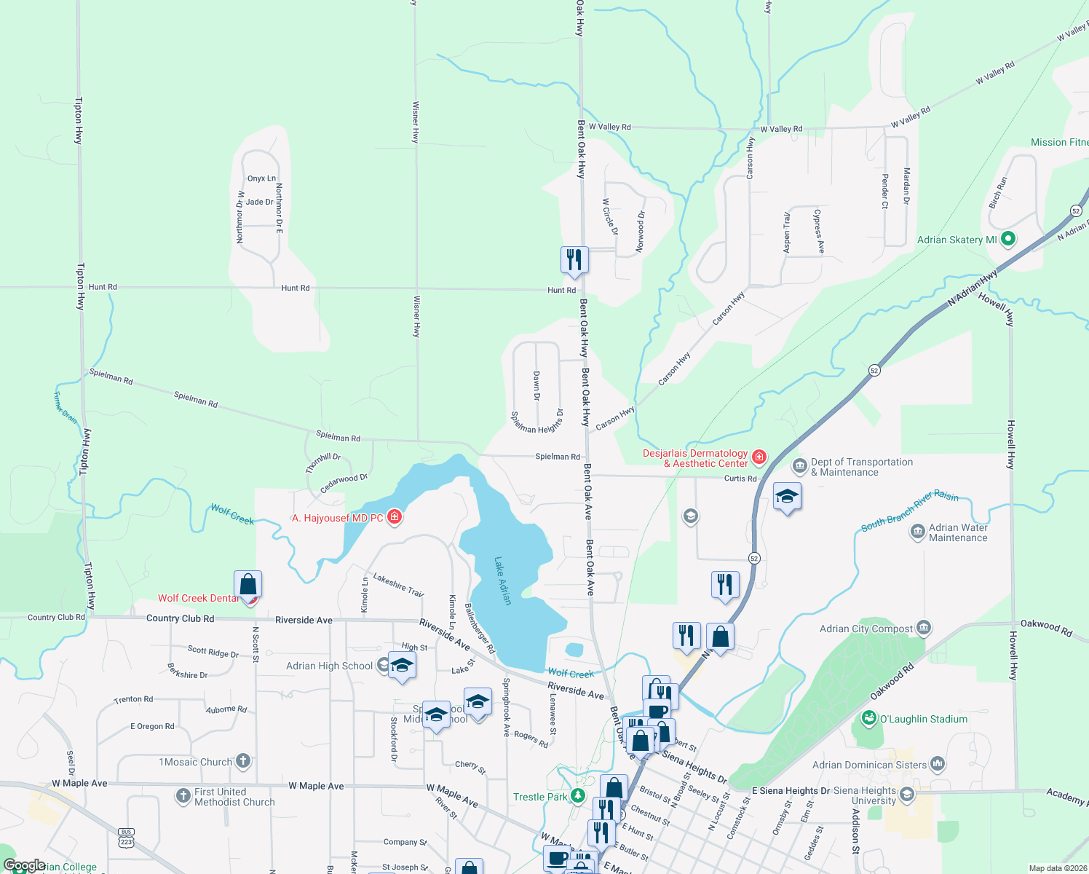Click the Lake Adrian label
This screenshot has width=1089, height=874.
click(x=502, y=581)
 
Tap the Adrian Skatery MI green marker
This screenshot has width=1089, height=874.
click(x=1008, y=239)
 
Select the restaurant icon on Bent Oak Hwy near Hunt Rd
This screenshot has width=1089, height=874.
click(x=574, y=260)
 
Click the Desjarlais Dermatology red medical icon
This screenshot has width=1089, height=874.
click(x=759, y=457)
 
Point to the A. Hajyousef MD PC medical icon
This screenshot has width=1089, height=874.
click(x=395, y=517)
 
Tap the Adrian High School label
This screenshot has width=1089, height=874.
click(x=329, y=666)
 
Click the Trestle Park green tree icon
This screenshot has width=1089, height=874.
click(x=578, y=795)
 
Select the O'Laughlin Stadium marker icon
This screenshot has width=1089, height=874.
click(x=868, y=719)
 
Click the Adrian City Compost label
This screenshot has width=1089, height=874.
click(x=866, y=629)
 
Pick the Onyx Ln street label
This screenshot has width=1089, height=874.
click(x=261, y=178)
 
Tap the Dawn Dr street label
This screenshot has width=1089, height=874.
click(x=536, y=386)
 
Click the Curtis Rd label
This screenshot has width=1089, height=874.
click(x=740, y=479)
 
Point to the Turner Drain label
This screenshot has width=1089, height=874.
click(x=65, y=407)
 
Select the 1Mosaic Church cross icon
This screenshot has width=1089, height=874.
click(x=243, y=762)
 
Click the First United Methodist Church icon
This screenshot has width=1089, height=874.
click(x=183, y=796)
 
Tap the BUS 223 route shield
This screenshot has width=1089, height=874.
click(x=127, y=838)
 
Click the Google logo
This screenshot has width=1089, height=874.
click(x=24, y=865)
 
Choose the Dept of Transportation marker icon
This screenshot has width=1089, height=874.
click(x=799, y=465)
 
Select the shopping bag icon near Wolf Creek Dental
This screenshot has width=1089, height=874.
click(x=247, y=585)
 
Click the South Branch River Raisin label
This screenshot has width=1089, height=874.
click(x=909, y=511)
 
